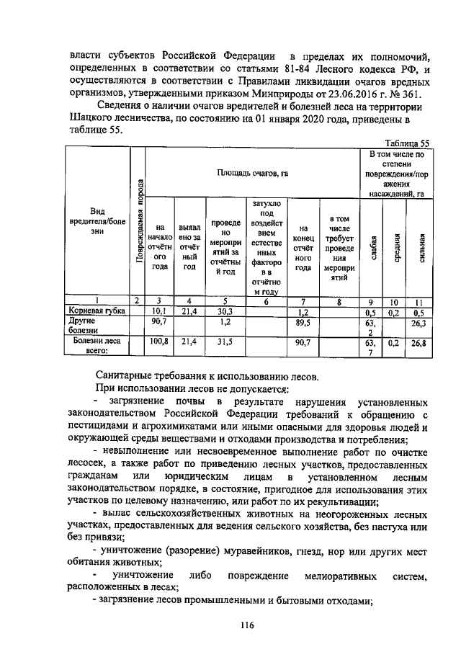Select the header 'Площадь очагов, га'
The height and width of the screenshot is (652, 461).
point(251,173)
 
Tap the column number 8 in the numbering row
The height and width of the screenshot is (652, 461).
point(339,300)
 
